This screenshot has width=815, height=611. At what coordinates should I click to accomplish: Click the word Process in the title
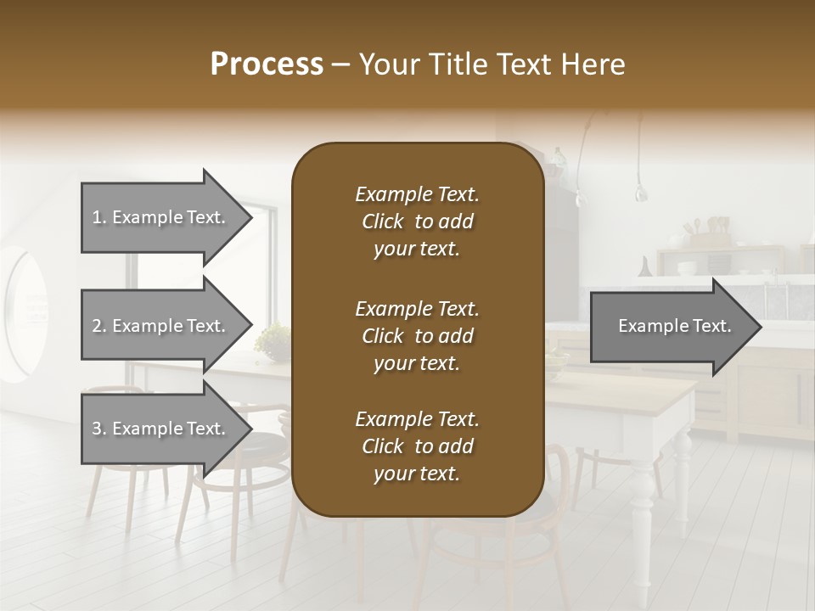267,64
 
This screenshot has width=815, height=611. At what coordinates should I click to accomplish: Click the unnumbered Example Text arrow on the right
675,327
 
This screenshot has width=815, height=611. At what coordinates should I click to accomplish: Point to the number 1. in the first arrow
99,217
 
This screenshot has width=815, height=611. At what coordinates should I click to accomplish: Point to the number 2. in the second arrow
99,326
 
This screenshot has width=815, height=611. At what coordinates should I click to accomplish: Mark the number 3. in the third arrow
99,429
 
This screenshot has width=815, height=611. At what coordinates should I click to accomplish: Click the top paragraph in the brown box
417,221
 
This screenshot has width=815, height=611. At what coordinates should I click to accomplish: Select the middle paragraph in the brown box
417,336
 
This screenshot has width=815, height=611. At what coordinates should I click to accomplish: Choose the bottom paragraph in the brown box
417,446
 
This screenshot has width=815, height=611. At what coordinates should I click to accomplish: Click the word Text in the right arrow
713,327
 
